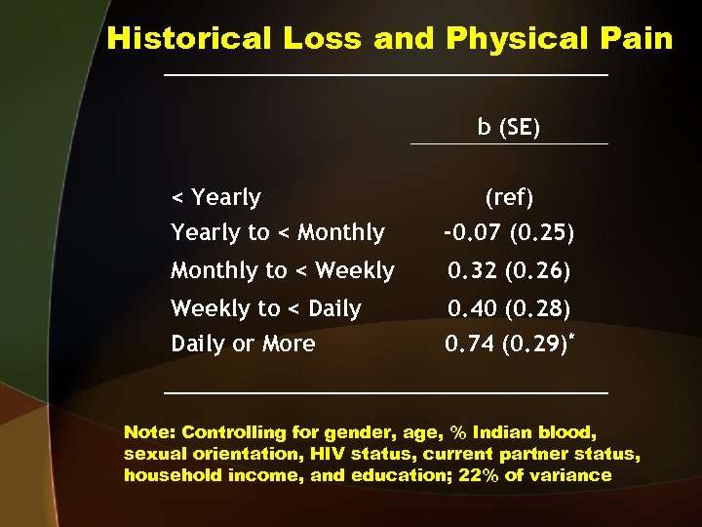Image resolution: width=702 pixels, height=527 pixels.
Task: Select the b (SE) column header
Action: coord(509,128)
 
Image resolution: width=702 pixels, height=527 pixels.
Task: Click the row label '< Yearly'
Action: coord(215,197)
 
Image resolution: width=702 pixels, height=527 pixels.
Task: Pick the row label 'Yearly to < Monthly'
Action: coord(277,232)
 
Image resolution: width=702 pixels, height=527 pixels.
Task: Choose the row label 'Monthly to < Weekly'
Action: coord(282,270)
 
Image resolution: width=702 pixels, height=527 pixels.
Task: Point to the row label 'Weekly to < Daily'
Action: coord(265,308)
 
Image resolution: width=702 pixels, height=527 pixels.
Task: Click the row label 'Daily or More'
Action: coord(243,344)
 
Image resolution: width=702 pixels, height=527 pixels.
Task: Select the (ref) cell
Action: coord(509,197)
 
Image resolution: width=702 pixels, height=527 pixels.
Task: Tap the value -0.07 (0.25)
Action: coord(509,233)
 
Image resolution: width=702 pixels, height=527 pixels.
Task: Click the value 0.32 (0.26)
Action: coord(509,270)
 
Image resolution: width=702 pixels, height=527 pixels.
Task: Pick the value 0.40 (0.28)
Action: coord(509,308)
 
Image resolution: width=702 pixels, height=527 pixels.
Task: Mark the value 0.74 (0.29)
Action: coord(505,345)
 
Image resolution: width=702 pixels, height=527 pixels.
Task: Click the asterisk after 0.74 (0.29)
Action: coord(572,337)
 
